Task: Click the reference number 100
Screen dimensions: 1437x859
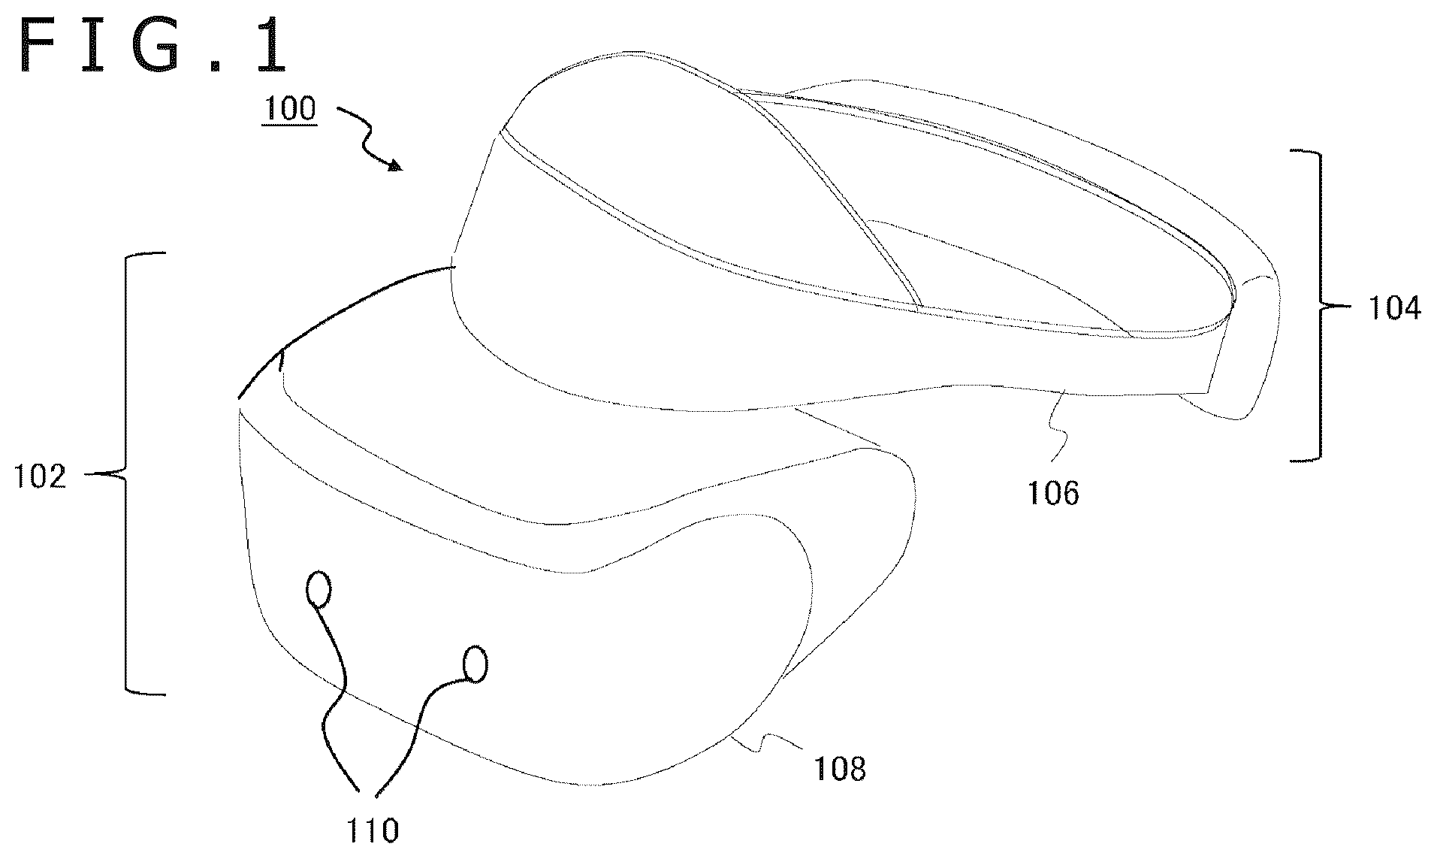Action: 288,110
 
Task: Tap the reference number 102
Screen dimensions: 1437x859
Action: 41,477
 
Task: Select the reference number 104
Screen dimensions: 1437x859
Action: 1393,308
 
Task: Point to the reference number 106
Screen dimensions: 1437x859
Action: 1052,493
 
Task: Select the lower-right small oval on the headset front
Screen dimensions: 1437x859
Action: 475,664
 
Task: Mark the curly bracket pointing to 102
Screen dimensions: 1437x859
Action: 125,473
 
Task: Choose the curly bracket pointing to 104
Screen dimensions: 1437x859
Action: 1320,306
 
